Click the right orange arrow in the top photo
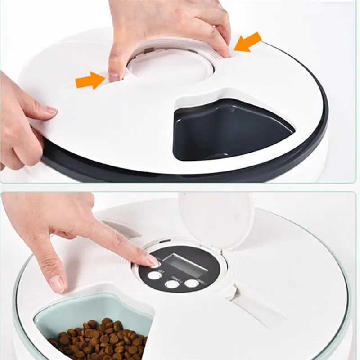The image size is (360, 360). coord(247,42)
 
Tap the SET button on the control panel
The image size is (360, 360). coord(153,275)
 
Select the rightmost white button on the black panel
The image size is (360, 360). coord(191,283)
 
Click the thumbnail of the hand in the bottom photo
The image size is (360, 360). coord(57,284)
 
